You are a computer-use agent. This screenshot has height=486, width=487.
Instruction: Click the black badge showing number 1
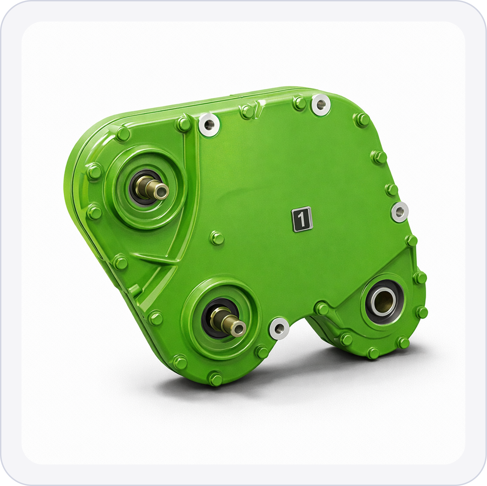(302, 219)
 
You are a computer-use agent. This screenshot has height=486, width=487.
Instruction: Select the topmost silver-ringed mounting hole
(321, 105)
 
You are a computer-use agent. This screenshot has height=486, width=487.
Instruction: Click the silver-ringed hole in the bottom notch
(280, 329)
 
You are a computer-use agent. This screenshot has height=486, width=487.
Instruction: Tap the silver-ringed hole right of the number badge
(399, 212)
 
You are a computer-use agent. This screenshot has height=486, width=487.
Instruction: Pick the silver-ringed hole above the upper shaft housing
(209, 125)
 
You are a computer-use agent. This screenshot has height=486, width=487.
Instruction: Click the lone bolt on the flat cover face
(217, 238)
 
